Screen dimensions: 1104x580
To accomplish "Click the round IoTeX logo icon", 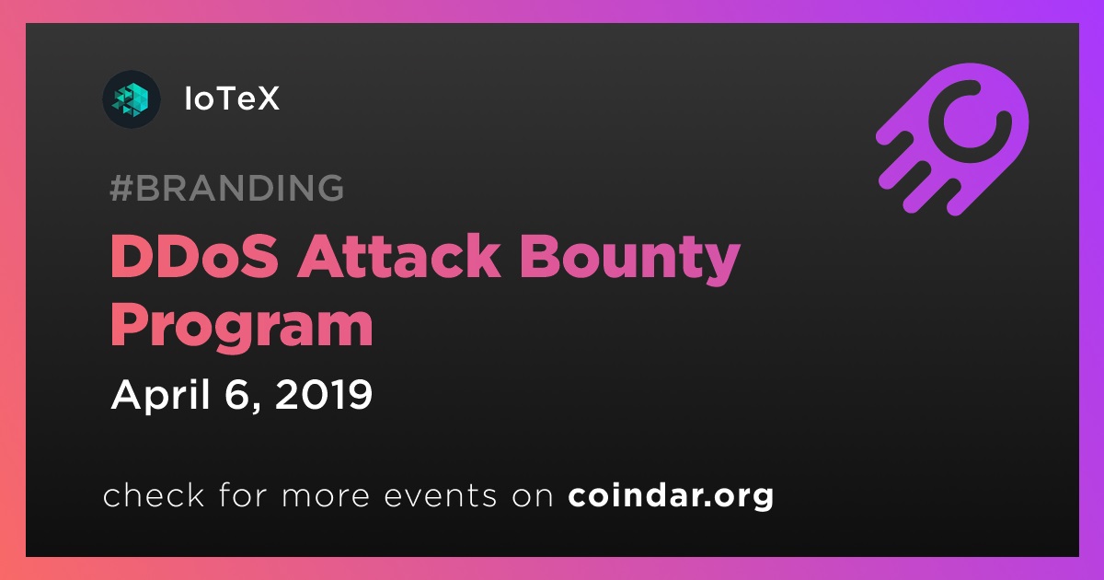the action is coord(131,99).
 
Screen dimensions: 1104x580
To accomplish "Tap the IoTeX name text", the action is coord(232,99).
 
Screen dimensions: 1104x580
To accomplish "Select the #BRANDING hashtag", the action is coord(226,188).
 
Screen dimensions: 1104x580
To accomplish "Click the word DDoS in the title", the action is coord(195,257).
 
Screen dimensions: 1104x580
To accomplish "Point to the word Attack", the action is coord(398,257).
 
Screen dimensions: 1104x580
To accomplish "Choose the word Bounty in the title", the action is coord(630,261).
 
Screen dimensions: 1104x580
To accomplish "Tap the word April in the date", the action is coord(161,395).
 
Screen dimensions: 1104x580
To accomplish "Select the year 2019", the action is coord(323,394).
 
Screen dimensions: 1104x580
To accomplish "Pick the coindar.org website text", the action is coord(671,495).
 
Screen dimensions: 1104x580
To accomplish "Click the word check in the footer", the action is coord(154,494).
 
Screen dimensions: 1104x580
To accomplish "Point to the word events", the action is coord(440,495).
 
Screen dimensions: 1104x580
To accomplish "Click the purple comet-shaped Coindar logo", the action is coord(953,139).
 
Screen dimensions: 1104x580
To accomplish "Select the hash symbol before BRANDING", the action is coord(121,188).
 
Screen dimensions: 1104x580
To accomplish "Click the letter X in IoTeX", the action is coord(267,99).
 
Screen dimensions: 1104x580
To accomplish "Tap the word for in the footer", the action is coord(243,494).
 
